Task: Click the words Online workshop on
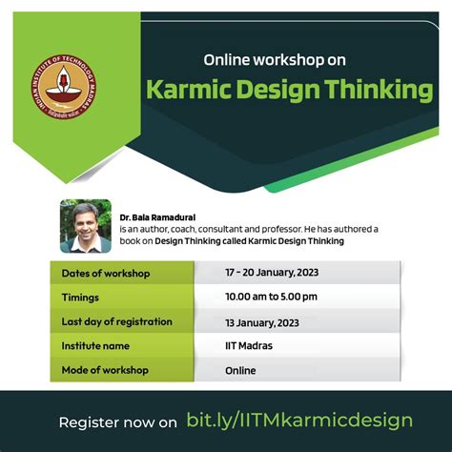tap(274, 60)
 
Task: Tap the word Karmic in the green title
tap(185, 91)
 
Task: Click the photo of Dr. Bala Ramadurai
tap(85, 225)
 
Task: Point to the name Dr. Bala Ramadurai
tap(157, 217)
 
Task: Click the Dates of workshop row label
tap(106, 274)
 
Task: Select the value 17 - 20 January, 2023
tap(272, 274)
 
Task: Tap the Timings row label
tap(81, 297)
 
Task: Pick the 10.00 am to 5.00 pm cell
tap(272, 297)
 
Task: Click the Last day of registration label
tap(116, 320)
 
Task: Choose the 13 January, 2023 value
tap(262, 320)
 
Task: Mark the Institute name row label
tap(95, 345)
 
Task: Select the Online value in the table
tap(241, 370)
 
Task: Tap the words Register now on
tap(118, 421)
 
